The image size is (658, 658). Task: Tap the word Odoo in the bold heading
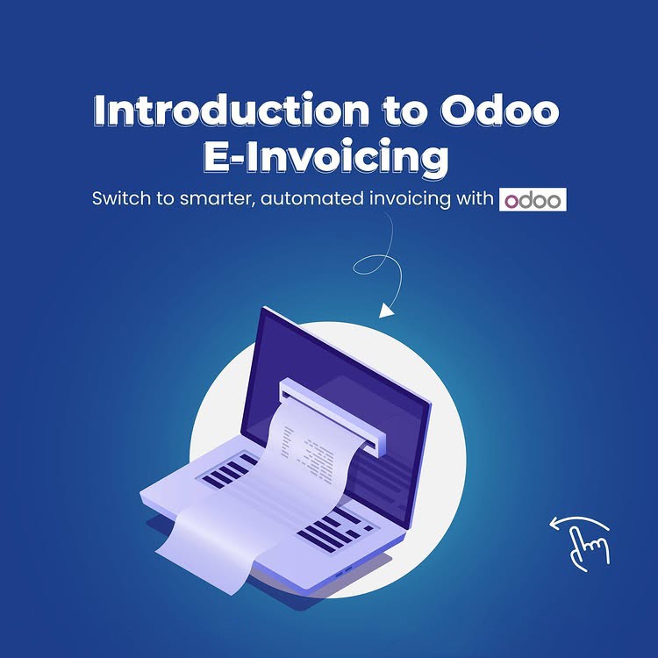[500, 111]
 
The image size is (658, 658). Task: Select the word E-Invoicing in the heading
[326, 158]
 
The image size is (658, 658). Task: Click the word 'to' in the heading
[404, 111]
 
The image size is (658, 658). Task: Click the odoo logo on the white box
[533, 200]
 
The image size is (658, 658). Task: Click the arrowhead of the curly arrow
[386, 311]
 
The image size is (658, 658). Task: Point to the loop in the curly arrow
[372, 264]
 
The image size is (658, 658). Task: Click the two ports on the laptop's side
[343, 571]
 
